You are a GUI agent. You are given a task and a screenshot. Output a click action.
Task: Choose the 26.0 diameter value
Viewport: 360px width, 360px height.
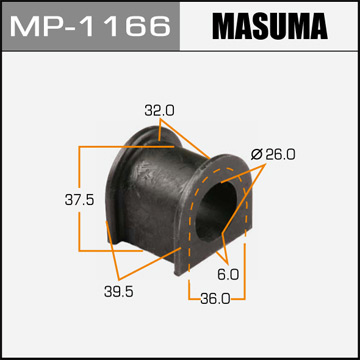click(x=277, y=154)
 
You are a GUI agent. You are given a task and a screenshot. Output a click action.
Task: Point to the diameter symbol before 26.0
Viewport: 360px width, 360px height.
click(x=256, y=154)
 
